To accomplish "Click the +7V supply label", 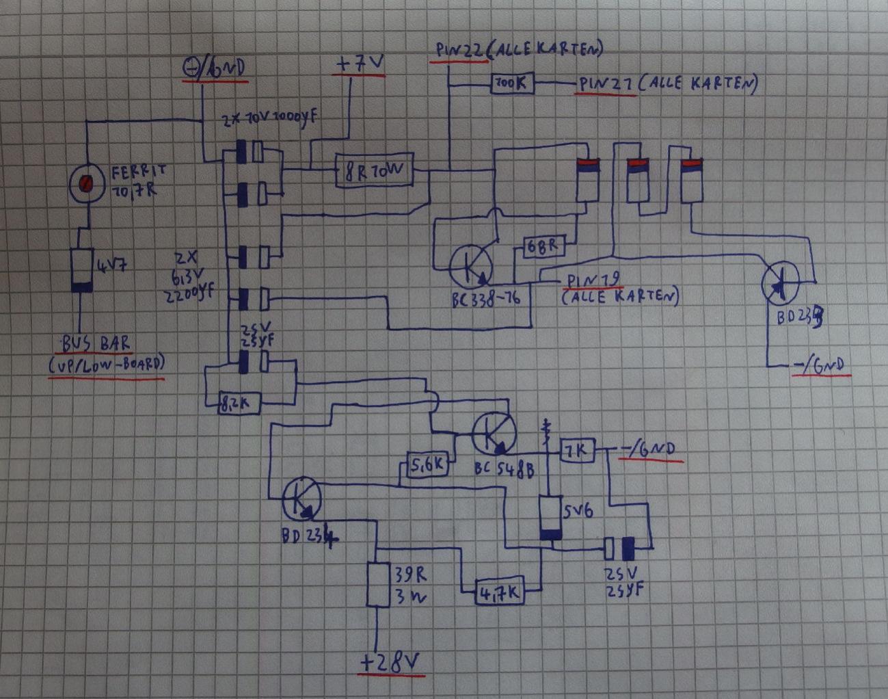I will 359,65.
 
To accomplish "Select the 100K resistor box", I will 512,83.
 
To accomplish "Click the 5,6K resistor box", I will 428,466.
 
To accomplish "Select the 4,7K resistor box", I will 499,593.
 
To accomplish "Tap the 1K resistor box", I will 578,451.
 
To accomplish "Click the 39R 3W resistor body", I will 377,585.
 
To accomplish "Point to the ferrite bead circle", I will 87,183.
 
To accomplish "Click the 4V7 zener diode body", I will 82,270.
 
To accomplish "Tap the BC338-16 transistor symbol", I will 471,266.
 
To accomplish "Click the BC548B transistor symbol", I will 494,433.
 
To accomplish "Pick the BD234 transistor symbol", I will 301,499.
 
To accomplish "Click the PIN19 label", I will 593,281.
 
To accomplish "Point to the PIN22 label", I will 459,51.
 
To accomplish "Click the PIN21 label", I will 606,84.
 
